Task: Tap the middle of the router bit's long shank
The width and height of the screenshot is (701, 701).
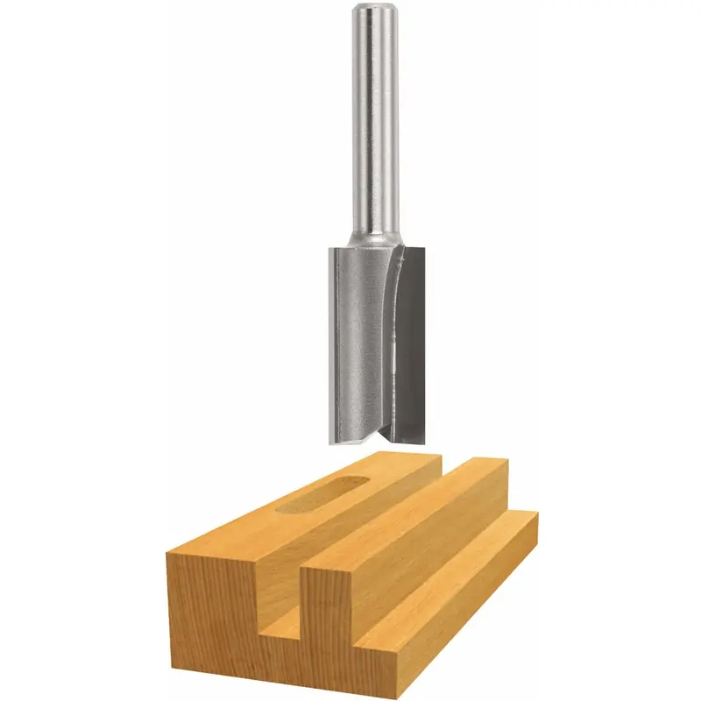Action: tap(377, 123)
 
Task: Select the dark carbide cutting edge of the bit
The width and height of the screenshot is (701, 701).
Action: tap(412, 342)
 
